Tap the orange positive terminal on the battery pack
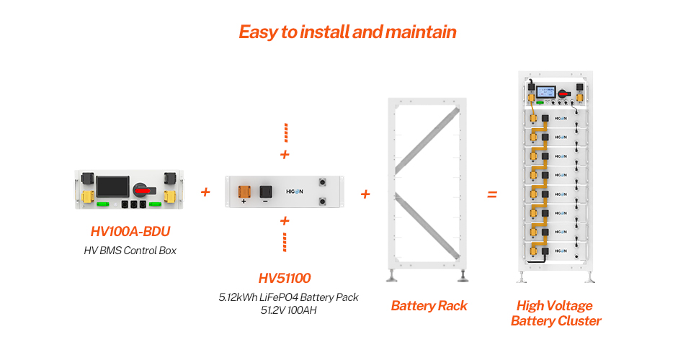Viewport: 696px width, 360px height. (x=244, y=191)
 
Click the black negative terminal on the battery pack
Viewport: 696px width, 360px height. (x=265, y=191)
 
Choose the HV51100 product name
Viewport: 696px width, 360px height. (x=285, y=278)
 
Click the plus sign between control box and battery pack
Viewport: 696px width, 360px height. (x=206, y=192)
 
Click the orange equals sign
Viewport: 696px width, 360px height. (x=492, y=194)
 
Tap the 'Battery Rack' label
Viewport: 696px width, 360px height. (x=429, y=306)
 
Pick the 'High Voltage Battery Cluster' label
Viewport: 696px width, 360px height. (x=556, y=313)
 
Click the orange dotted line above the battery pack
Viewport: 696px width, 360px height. (x=285, y=132)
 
